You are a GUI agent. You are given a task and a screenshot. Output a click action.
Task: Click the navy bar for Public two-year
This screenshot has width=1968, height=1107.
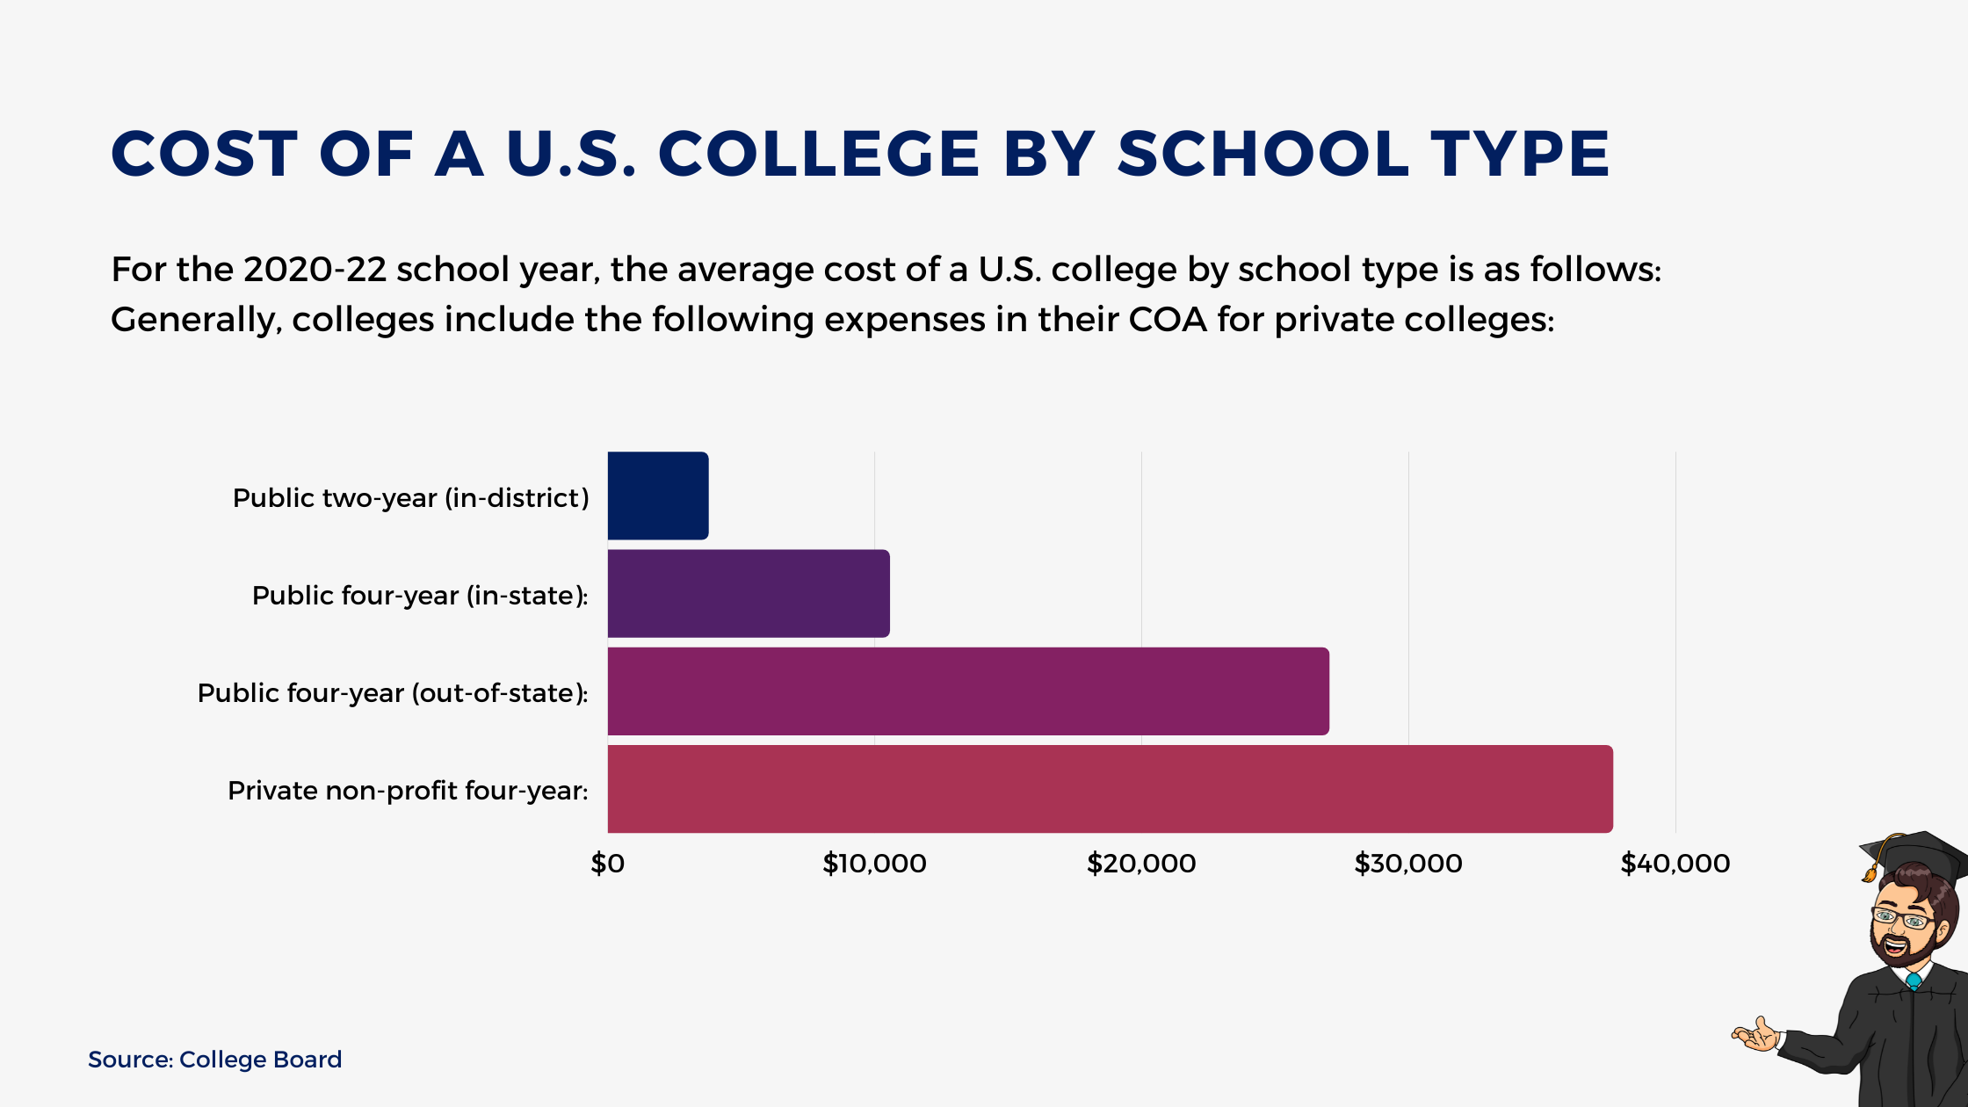point(657,496)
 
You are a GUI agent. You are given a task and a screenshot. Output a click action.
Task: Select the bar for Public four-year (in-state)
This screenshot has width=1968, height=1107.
point(748,593)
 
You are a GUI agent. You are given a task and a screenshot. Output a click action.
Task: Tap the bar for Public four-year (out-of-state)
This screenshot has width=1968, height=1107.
point(967,691)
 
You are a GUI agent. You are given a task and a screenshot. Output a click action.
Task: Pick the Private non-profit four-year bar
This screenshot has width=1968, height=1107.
point(1110,789)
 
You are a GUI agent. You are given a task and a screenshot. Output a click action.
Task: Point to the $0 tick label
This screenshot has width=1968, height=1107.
point(607,864)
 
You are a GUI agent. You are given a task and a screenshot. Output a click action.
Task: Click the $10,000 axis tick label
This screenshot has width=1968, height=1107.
point(874,864)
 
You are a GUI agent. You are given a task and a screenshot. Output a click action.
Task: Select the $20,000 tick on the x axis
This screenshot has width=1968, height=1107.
point(1141,864)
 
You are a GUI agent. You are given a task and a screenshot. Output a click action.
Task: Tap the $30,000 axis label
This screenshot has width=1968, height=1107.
point(1408,864)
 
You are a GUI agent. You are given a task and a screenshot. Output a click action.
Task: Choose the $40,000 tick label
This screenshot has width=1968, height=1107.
point(1675,864)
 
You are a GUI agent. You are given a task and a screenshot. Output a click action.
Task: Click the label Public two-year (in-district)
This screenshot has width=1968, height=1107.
point(410,498)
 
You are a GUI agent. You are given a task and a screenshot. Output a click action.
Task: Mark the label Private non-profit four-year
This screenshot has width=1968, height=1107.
point(408,791)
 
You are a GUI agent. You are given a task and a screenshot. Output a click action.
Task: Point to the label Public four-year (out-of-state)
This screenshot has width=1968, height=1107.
point(393,693)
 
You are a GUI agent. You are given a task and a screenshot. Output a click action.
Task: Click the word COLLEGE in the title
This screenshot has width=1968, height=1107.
point(818,155)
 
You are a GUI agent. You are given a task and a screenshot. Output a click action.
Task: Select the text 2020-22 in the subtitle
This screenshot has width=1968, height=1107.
point(315,270)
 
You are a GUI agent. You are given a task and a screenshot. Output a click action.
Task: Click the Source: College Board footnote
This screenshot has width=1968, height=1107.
point(214,1060)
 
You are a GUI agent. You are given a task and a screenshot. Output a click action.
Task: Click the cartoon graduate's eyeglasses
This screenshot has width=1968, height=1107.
point(1902,919)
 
